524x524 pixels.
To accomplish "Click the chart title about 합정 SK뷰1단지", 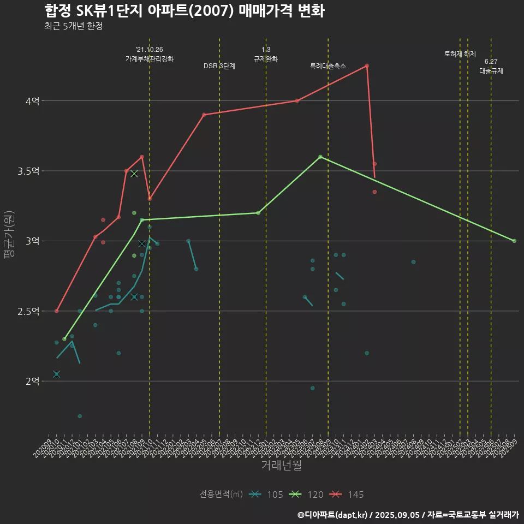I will coord(184,11).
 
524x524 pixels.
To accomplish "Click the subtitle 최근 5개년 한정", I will coord(73,26).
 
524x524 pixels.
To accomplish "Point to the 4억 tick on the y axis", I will coord(32,101).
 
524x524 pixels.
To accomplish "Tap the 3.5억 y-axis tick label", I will coord(28,171).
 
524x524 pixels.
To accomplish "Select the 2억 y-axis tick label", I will coord(32,381).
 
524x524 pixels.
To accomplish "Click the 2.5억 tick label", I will coord(28,311).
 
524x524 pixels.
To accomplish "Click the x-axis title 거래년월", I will coord(282,466).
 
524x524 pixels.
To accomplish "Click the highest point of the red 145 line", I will coord(367,65).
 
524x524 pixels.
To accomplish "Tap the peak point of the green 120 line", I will coord(320,157).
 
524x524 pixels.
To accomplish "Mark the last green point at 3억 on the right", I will coord(514,241).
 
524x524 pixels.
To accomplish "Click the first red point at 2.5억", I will coord(57,311).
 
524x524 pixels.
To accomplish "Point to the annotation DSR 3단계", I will coord(219,66).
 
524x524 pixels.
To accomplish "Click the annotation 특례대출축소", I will coord(328,66).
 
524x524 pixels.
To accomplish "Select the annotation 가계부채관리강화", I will coord(150,58).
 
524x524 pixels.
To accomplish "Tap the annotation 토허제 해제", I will coord(460,54).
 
